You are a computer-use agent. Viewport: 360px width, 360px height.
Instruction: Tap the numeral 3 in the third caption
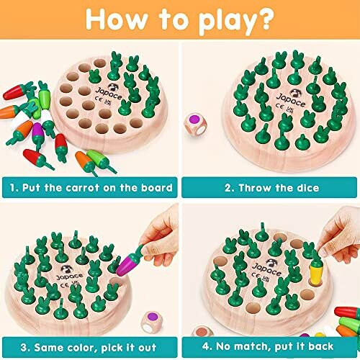pyautogui.click(x=12, y=348)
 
